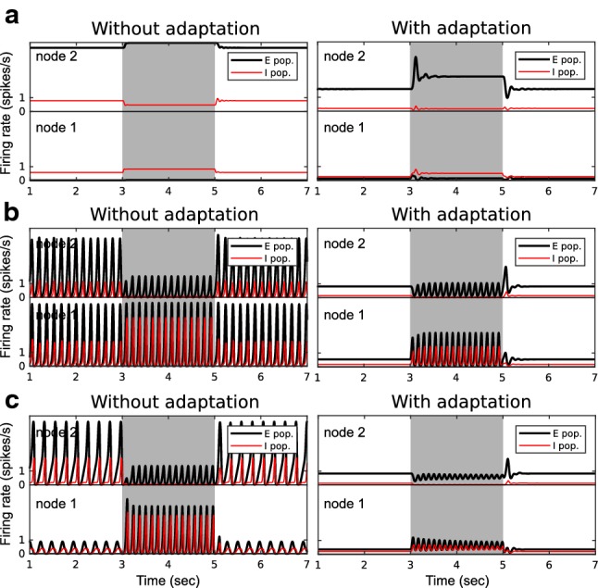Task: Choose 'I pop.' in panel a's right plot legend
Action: [561, 70]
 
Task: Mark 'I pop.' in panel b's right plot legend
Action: [561, 260]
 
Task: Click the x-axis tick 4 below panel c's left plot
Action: [168, 563]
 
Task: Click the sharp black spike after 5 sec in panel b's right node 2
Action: [505, 270]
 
